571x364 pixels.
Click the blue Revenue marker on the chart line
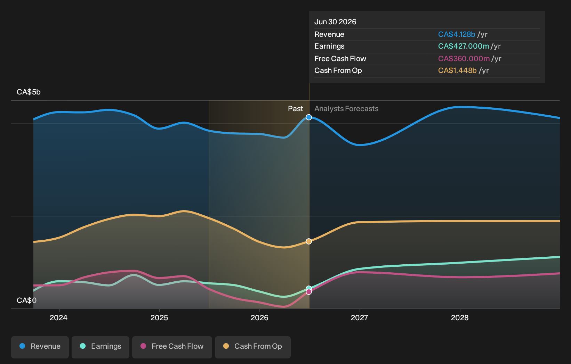coord(309,117)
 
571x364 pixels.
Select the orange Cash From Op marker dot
coord(309,241)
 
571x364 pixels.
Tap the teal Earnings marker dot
coord(309,289)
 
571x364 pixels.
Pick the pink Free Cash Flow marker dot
coord(309,292)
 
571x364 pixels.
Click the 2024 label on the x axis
coord(59,318)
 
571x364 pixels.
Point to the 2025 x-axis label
coord(159,318)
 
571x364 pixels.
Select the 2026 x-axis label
coord(259,318)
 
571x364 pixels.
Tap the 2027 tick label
coord(360,318)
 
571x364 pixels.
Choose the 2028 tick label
coord(460,318)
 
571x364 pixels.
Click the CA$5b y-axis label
coord(29,92)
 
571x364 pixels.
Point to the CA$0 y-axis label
coord(26,300)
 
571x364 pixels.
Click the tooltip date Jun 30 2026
coord(335,22)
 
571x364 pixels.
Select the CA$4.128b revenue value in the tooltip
coord(457,34)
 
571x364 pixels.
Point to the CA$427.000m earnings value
coord(464,46)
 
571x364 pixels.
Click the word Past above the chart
coord(296,109)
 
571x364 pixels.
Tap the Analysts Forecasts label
coord(346,109)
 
